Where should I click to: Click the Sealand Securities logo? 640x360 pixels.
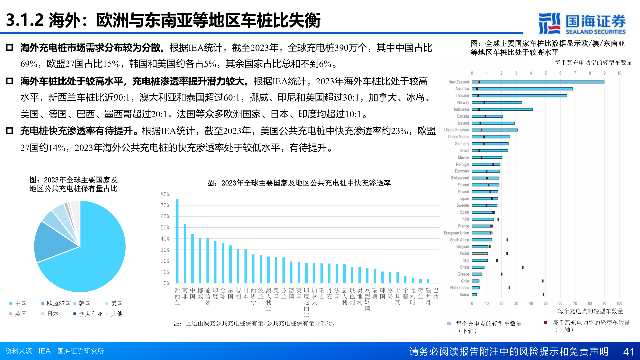pos(582,23)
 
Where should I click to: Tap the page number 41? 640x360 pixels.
pos(629,352)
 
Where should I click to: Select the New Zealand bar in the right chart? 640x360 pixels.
pos(538,82)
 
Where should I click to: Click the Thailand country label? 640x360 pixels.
pos(462,96)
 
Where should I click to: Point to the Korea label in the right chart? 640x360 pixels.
pos(464,295)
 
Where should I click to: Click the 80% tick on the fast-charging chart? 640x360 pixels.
pos(165,194)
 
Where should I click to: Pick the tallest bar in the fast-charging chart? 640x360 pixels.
pos(177,241)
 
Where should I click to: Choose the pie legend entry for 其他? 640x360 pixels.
pos(116,314)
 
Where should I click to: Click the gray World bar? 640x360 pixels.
pos(480,254)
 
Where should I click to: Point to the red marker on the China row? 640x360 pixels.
pos(523,267)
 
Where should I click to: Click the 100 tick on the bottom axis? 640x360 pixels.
pos(619,303)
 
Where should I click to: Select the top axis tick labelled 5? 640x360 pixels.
pos(546,73)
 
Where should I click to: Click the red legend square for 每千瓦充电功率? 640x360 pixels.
pos(546,323)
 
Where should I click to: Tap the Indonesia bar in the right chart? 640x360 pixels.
pos(502,109)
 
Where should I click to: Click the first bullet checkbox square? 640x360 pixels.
pos(10,48)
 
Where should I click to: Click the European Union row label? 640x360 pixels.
pos(456,233)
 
